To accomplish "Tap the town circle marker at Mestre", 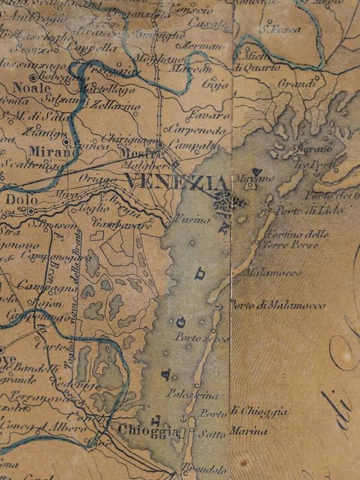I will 160,144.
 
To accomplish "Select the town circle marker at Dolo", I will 31,211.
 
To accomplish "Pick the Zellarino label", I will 115,106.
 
